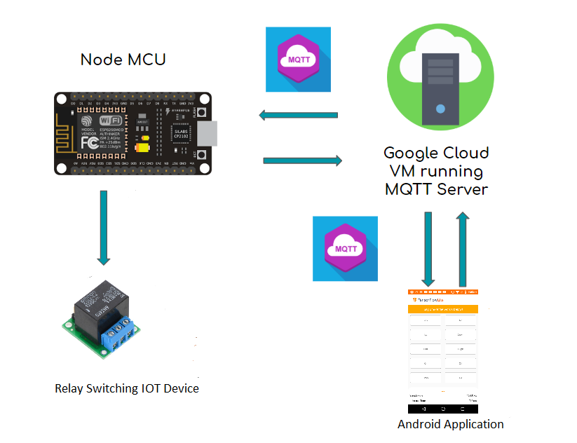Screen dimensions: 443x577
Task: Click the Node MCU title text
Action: tap(123, 60)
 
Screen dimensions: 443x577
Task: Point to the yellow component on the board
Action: tap(143, 146)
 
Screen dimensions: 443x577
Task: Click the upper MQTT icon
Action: tap(298, 60)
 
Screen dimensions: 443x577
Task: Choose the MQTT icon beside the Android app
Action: tap(345, 249)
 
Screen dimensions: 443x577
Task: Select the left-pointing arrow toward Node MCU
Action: tap(298, 115)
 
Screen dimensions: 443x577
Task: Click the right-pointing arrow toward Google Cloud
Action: tap(302, 161)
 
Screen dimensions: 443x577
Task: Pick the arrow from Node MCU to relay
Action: tap(104, 227)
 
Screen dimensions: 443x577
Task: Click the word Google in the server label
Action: tap(412, 154)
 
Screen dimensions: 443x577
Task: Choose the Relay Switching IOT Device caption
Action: tap(127, 388)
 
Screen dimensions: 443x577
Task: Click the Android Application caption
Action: tap(450, 424)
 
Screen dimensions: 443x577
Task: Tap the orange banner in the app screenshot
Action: tap(442, 308)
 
